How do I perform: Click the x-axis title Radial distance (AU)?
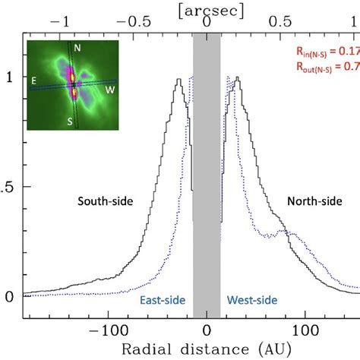tap(207, 349)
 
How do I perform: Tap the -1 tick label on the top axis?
tap(65, 22)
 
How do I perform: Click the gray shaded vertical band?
tap(207, 190)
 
